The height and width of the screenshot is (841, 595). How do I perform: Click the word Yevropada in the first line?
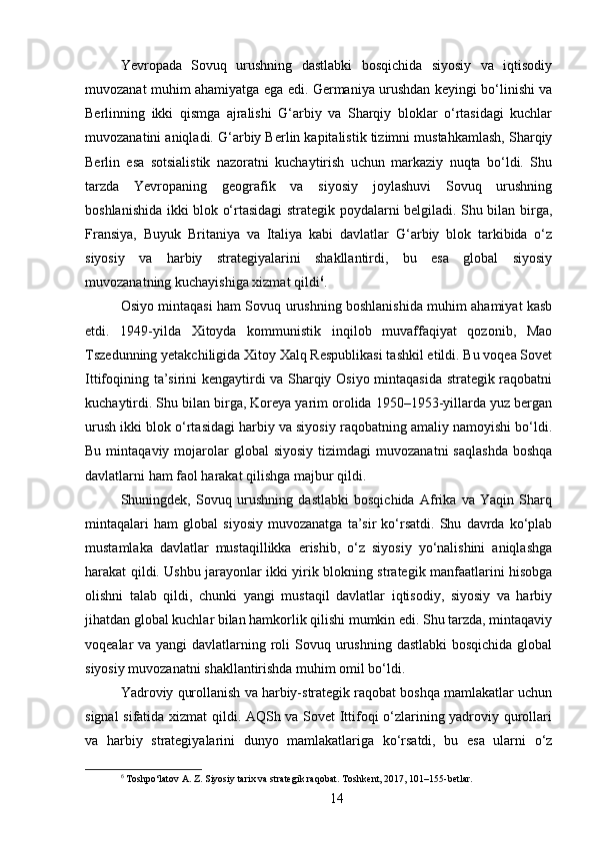click(151, 67)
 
